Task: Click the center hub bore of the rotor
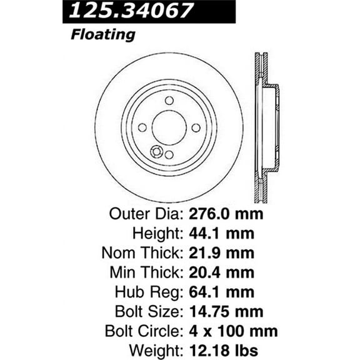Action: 169,127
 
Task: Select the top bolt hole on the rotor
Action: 169,101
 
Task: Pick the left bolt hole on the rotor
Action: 142,127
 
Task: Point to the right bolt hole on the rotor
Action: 196,127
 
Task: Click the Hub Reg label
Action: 149,291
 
